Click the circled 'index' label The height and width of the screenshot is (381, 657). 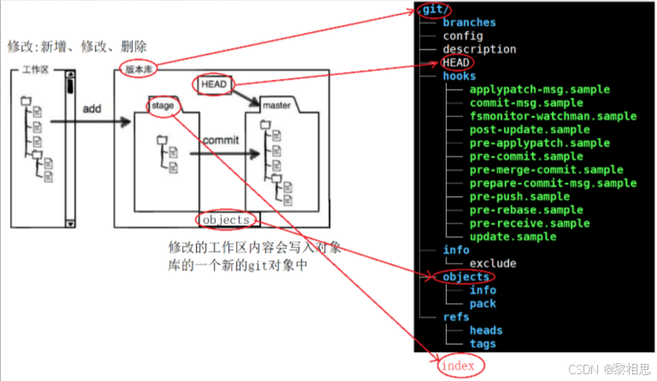point(456,366)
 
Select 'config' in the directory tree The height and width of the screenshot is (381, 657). point(463,36)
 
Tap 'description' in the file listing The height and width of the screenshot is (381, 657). point(479,50)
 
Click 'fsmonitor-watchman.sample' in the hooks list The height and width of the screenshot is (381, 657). point(553,116)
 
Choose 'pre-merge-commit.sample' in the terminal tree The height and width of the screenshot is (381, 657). point(546,170)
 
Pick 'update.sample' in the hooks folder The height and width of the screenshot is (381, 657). point(512,236)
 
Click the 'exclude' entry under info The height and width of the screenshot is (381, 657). point(493,264)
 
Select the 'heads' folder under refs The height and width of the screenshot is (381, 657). point(486,330)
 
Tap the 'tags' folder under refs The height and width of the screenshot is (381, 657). point(482,344)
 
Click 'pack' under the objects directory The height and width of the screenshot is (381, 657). point(482,304)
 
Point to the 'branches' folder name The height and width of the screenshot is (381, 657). point(469,22)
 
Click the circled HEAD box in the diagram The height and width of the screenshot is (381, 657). point(212,85)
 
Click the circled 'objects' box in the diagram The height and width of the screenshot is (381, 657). point(227,220)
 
